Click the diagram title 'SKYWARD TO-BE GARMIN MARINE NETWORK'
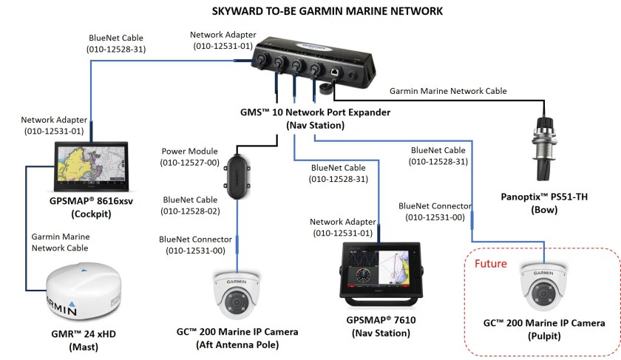point(310,12)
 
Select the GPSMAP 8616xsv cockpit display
point(90,169)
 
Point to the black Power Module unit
point(237,177)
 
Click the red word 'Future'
point(489,262)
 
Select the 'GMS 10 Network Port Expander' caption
point(316,119)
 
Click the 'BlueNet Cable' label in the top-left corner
point(117,44)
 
